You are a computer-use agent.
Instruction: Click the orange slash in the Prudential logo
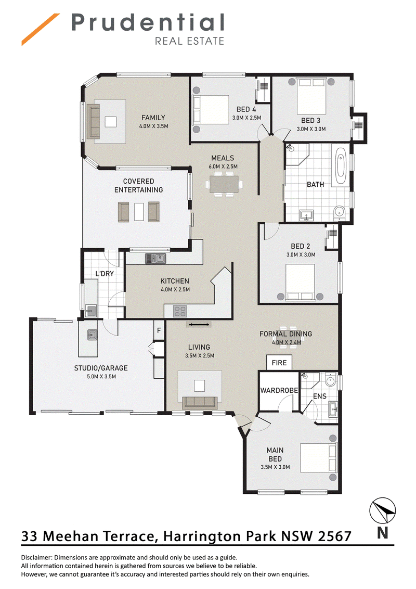[x=41, y=29]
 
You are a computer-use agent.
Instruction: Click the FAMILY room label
[x=153, y=118]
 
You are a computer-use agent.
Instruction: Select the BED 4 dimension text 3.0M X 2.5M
[x=246, y=118]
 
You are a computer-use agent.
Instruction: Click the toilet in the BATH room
[x=339, y=212]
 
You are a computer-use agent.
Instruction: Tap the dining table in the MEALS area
[x=224, y=184]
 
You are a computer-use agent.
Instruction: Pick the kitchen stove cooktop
[x=180, y=311]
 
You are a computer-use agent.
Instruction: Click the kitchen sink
[x=156, y=259]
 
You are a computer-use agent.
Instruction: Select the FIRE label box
[x=279, y=363]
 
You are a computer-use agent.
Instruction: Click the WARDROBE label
[x=279, y=390]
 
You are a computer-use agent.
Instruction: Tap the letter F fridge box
[x=159, y=330]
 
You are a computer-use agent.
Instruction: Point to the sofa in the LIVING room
[x=200, y=403]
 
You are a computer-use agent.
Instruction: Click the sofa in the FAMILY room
[x=94, y=121]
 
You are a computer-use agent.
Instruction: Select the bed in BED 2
[x=300, y=283]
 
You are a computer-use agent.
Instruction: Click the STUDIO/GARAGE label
[x=101, y=368]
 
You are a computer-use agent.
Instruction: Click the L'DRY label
[x=105, y=274]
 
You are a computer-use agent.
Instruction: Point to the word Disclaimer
[x=36, y=557]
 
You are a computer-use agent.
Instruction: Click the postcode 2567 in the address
[x=334, y=536]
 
